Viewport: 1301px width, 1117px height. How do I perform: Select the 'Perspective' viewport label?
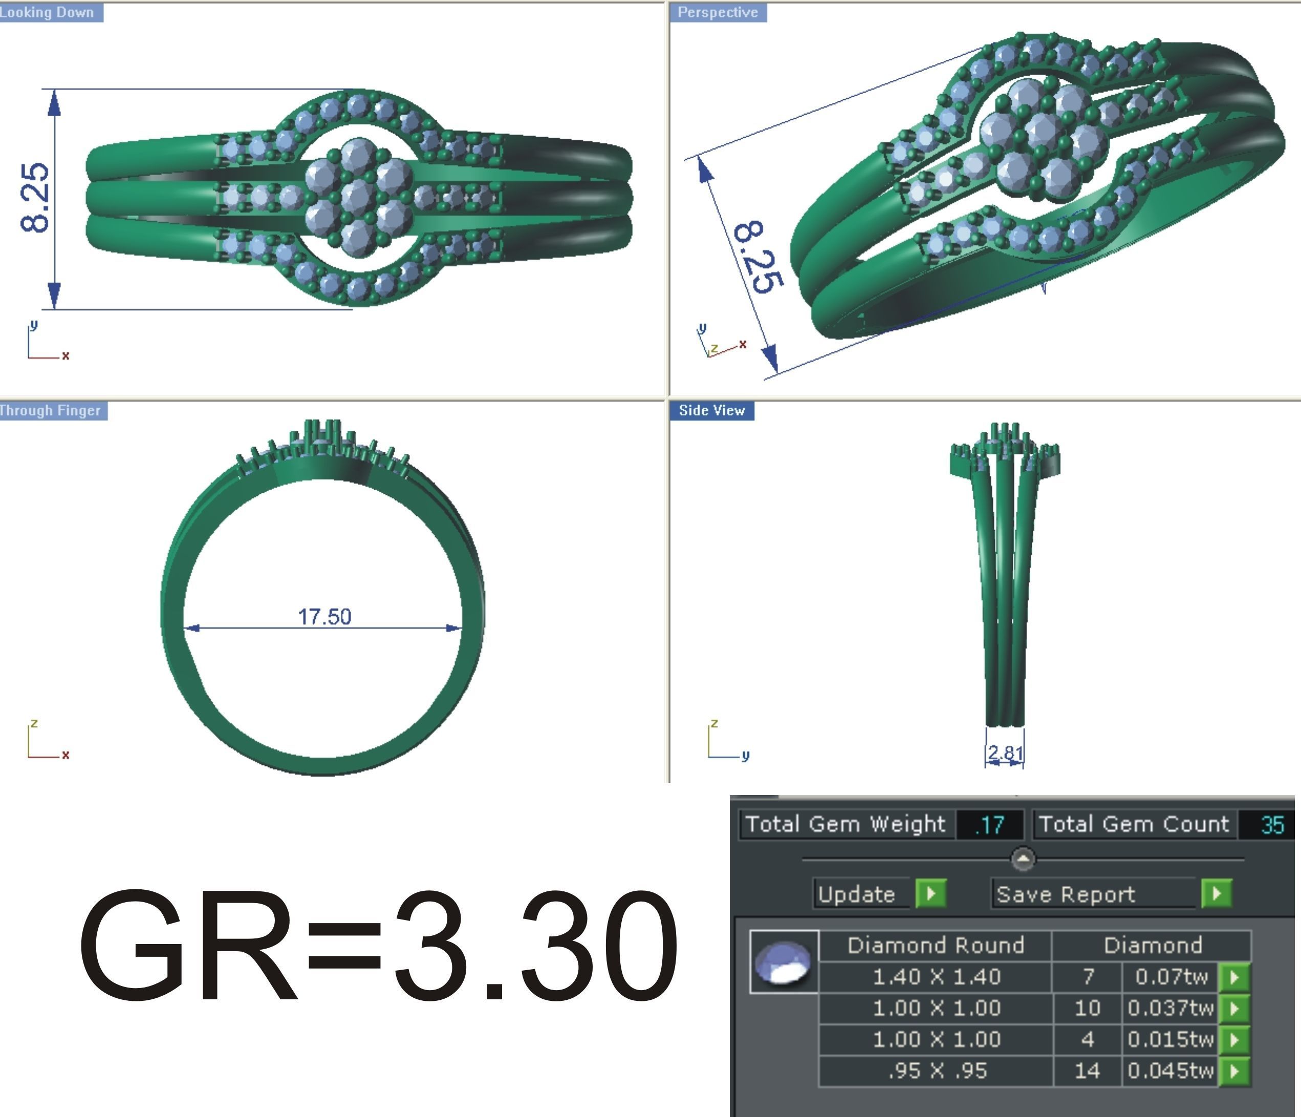pos(717,13)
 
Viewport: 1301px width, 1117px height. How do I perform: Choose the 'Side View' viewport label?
pos(711,411)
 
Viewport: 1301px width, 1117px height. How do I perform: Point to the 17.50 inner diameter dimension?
pos(324,617)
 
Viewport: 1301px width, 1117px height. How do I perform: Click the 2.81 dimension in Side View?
pos(1005,753)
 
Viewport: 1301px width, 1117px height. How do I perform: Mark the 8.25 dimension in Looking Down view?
pos(34,198)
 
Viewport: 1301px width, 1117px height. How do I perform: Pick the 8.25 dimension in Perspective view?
pos(758,257)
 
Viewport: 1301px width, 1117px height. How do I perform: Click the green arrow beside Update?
pos(931,893)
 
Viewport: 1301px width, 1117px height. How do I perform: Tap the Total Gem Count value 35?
pos(1272,824)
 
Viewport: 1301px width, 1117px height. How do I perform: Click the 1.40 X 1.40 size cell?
pos(936,976)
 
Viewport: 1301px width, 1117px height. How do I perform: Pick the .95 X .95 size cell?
pos(936,1070)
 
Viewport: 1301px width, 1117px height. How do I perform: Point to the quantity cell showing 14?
pos(1087,1070)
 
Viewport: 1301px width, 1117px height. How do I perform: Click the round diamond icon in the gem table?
pos(783,962)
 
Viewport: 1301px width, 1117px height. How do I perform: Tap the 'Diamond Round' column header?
pos(936,945)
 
